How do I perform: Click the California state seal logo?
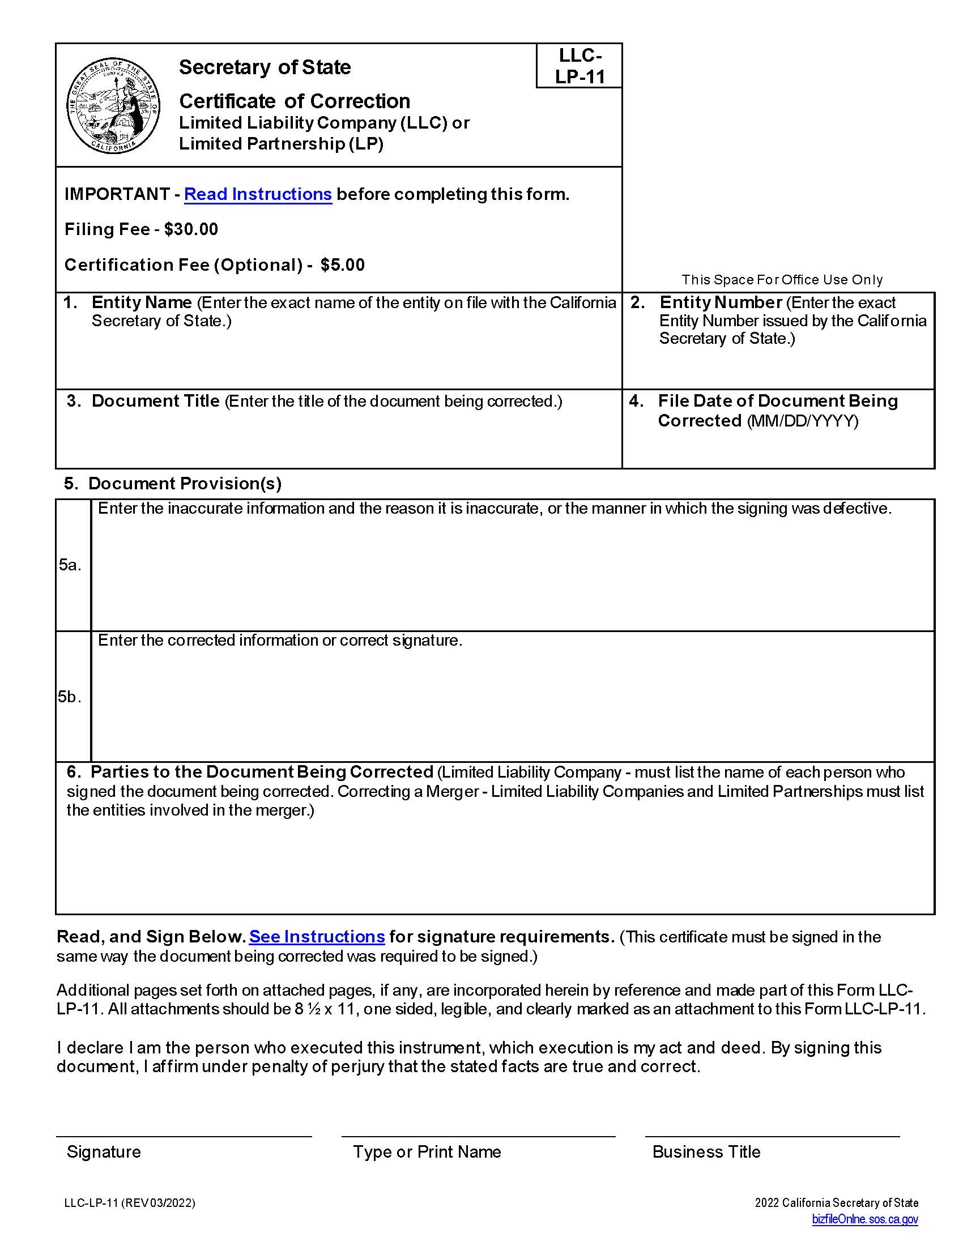click(113, 105)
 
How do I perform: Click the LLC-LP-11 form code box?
click(579, 66)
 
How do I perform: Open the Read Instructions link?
click(258, 194)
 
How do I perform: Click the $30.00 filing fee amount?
click(191, 229)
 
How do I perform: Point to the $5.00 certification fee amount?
click(342, 264)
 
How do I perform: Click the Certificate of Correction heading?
click(295, 101)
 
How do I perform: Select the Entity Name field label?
click(142, 302)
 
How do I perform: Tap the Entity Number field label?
click(720, 302)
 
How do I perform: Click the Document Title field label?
click(155, 401)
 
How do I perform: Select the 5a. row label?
click(70, 565)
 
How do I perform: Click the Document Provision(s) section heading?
click(184, 484)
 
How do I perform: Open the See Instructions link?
click(317, 937)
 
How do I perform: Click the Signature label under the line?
click(104, 1152)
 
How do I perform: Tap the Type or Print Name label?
click(427, 1152)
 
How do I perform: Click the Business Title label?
click(706, 1152)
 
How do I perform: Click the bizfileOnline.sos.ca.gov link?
click(865, 1220)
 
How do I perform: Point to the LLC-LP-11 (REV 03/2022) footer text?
click(130, 1203)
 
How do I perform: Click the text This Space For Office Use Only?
click(782, 280)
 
